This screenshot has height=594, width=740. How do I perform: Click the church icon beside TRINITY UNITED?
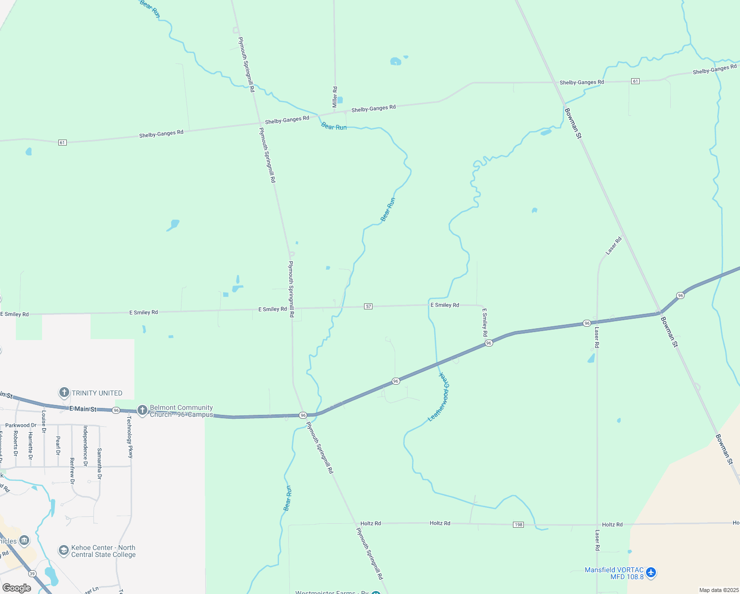tap(64, 393)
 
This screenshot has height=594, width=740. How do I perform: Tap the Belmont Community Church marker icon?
tap(142, 410)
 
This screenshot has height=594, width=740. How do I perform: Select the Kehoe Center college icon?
tap(63, 550)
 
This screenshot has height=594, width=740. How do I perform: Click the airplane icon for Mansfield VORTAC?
tap(651, 573)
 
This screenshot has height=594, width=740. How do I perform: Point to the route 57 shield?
tap(368, 306)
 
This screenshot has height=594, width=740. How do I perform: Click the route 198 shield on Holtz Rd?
tap(518, 525)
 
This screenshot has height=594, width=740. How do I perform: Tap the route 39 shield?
tap(32, 574)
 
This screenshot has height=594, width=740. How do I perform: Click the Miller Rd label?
tap(335, 97)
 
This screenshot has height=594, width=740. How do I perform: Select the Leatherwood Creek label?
tap(440, 397)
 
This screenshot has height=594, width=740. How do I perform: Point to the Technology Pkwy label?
tap(130, 437)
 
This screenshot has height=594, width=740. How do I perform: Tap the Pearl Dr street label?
tap(58, 445)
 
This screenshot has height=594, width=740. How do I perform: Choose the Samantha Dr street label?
tap(99, 464)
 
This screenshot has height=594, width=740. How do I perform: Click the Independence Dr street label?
tap(86, 446)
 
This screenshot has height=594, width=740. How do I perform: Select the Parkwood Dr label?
tap(21, 425)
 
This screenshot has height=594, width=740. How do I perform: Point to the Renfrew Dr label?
tap(72, 471)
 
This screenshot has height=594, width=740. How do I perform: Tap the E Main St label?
tap(83, 409)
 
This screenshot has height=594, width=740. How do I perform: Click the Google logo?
tap(17, 588)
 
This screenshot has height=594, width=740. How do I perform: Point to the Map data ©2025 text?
tap(718, 590)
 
